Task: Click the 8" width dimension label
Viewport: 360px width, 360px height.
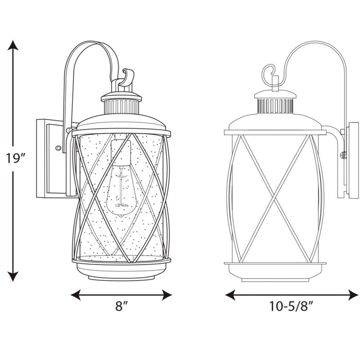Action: click(x=121, y=308)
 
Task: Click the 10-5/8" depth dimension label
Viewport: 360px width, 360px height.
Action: click(x=291, y=308)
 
